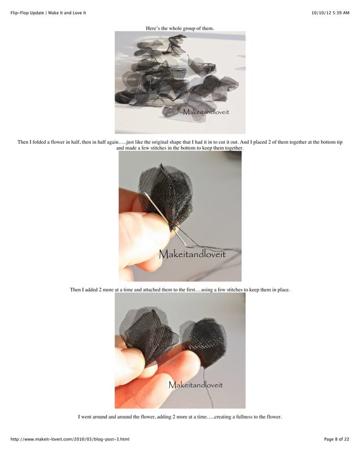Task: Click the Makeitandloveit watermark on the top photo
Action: [205, 112]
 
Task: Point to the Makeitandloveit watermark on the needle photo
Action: [192, 254]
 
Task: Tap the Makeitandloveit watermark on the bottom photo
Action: [195, 385]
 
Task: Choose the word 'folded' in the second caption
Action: [41, 143]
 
